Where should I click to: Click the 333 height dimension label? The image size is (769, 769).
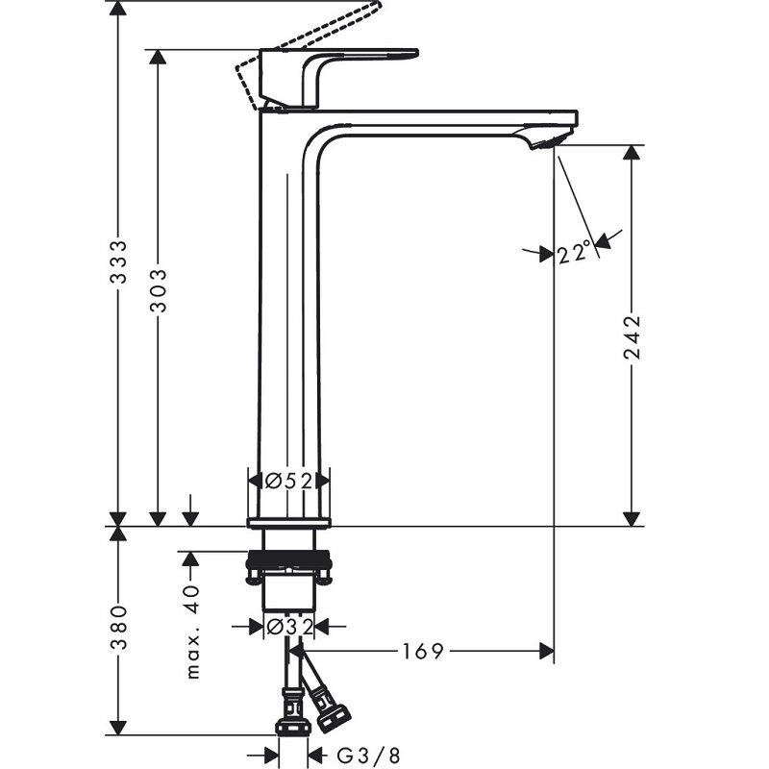tap(118, 261)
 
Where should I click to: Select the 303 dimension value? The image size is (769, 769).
tap(158, 290)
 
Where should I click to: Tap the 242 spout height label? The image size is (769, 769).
tap(633, 337)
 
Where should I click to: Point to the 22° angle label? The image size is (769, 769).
tap(573, 254)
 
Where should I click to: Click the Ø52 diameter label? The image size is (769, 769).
tap(288, 482)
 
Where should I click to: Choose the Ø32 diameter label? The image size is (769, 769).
tap(289, 627)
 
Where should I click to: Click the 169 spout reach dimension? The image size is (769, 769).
tap(423, 652)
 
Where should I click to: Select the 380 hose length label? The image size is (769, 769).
tap(118, 628)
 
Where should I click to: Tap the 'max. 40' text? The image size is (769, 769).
tap(193, 632)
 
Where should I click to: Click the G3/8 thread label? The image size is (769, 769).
tap(368, 756)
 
